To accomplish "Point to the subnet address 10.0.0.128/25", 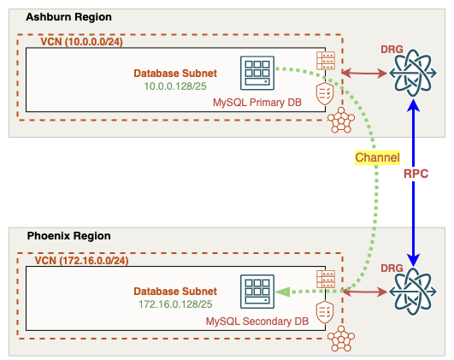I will pos(175,86).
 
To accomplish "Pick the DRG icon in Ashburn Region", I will pos(413,75).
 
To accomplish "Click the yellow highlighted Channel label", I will pos(376,158).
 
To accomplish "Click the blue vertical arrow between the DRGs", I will pos(414,184).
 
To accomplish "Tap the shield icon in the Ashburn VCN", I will pos(325,95).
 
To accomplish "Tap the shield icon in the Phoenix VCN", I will pos(325,312).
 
